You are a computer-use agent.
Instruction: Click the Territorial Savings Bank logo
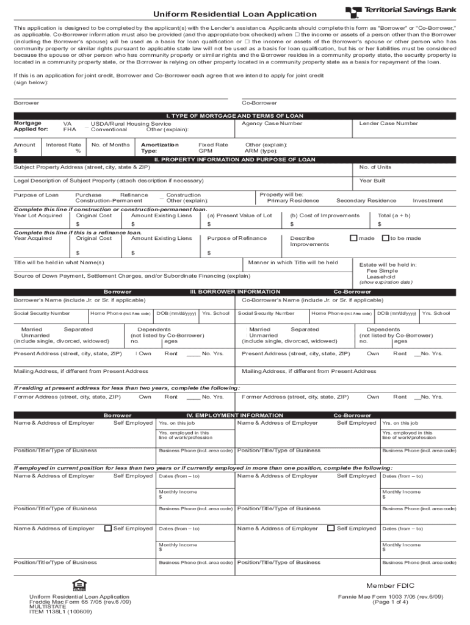coord(400,12)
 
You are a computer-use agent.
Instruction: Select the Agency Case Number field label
coord(272,123)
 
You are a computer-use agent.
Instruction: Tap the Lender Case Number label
coord(388,123)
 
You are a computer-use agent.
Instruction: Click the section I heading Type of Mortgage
coord(234,116)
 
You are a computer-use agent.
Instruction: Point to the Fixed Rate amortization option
coord(213,145)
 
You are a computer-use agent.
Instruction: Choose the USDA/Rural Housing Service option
coord(131,124)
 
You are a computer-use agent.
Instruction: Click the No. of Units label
coord(375,167)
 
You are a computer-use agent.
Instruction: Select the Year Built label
coord(372,181)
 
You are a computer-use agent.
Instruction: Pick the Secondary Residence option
coord(366,201)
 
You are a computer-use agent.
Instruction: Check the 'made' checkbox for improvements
coord(353,238)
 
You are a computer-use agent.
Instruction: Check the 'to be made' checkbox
coord(385,238)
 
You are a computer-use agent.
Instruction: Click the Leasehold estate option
coord(380,276)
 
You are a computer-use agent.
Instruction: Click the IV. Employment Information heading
coord(234,415)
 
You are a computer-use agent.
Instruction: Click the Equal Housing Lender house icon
coord(78,584)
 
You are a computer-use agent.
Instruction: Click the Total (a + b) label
coord(394,215)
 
